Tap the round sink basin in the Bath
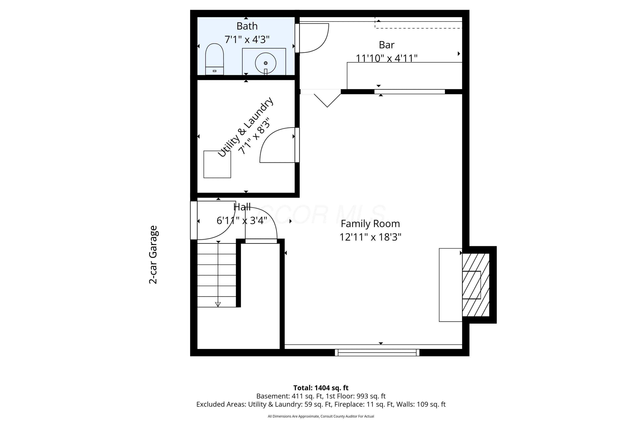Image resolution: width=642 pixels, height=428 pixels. [x=266, y=63]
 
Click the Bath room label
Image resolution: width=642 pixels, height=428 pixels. [x=247, y=26]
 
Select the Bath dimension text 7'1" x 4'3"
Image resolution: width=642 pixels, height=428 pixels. [x=247, y=40]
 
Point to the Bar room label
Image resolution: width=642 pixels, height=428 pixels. [x=386, y=45]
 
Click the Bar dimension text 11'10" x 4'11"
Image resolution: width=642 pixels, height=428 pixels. [x=386, y=58]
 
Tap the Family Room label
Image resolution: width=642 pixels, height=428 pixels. [x=370, y=224]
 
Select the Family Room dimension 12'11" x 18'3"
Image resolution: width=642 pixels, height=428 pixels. [x=370, y=237]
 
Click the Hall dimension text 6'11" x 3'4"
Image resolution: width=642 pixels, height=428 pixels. [x=242, y=220]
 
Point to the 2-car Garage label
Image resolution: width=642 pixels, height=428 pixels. [x=153, y=255]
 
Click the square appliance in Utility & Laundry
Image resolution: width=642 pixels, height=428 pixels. [x=217, y=164]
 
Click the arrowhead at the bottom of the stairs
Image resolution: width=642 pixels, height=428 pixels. [x=218, y=304]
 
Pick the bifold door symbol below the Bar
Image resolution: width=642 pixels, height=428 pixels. [x=327, y=100]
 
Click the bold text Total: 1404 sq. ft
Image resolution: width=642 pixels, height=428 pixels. [x=321, y=388]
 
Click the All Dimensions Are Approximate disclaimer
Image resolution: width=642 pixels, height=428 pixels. [x=321, y=416]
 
